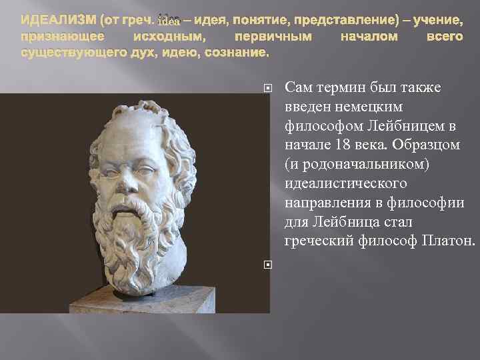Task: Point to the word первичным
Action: coord(273,36)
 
